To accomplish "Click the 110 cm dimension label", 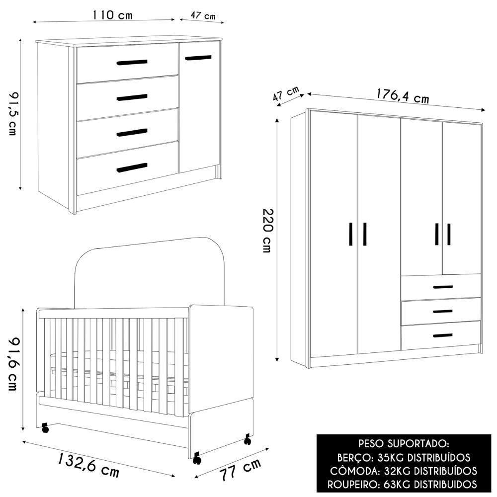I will pos(113,15).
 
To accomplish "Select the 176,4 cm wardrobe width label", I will pos(402,95).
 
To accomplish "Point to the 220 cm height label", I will pos(267,231).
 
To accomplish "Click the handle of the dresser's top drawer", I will pos(132,62).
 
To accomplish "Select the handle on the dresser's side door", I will pos(198,58).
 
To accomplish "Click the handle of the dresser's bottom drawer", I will pos(132,168).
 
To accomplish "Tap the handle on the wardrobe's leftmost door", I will pos(351,234).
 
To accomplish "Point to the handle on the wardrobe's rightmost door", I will pos(449,234).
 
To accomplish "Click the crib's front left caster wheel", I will pos(46,427).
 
